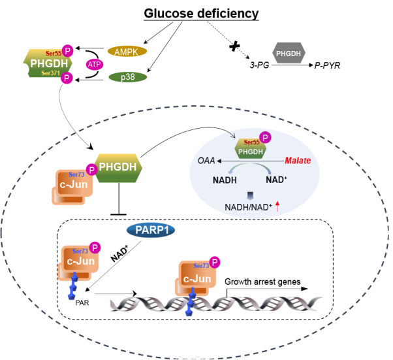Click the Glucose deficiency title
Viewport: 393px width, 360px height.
coord(193,14)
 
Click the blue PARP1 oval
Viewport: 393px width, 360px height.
coord(151,230)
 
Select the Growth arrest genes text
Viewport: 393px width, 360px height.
coord(262,282)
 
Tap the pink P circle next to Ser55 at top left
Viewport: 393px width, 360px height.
coord(67,50)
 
